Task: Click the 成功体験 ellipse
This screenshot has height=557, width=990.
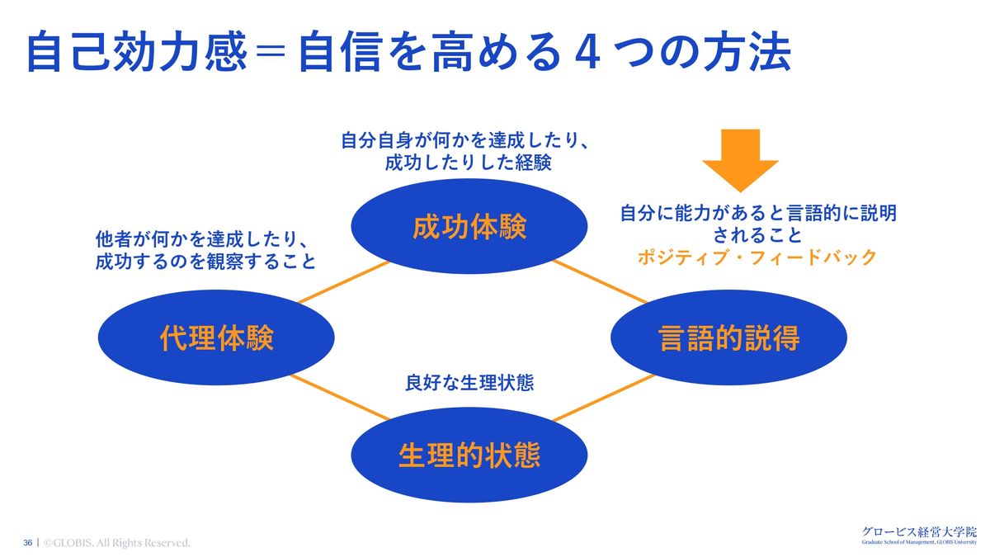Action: pos(469,227)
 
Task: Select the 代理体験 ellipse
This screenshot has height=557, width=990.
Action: pos(216,338)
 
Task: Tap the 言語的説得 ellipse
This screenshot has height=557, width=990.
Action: pos(728,338)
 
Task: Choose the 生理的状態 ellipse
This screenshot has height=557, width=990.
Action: pos(469,455)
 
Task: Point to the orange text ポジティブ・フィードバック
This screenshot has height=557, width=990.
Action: pos(757,257)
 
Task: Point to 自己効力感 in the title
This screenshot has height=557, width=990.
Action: pos(135,53)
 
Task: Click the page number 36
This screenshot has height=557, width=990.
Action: pos(27,543)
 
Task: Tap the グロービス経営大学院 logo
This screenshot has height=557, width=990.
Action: pos(918,534)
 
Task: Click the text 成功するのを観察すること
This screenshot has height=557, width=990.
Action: pos(205,263)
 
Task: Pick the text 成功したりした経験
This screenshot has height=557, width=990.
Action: pos(468,163)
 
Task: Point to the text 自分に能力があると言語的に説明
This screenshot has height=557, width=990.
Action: pos(758,214)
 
